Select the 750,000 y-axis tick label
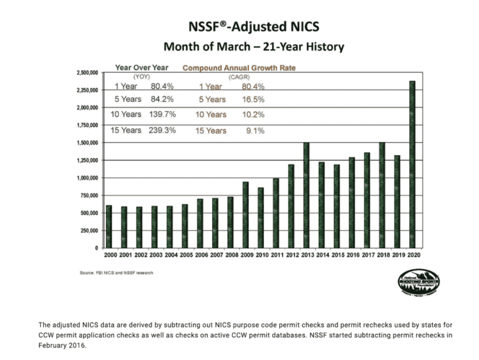tap(89, 195)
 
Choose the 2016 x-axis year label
tap(352, 255)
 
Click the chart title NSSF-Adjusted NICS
tap(254, 27)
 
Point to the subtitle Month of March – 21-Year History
tap(254, 46)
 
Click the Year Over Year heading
tap(142, 67)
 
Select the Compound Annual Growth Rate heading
tap(239, 67)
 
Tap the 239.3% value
tap(163, 130)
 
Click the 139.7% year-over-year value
tap(163, 114)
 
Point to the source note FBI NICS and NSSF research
tap(116, 273)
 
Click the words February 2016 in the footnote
tap(62, 346)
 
